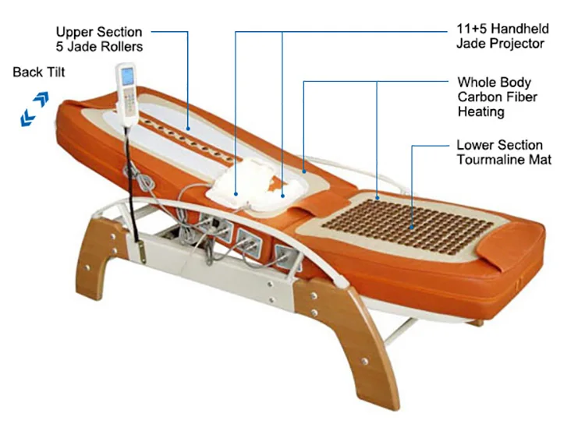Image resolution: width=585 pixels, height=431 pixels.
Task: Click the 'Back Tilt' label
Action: coord(39,72)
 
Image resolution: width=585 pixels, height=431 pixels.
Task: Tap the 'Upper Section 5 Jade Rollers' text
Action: coord(99,39)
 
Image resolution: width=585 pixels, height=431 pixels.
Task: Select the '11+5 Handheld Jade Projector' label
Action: coord(502,36)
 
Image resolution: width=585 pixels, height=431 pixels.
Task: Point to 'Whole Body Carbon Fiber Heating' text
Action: coord(498,97)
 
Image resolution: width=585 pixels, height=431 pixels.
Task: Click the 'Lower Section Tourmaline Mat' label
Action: coord(504,152)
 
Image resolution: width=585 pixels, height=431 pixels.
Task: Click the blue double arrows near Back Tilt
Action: coord(34,108)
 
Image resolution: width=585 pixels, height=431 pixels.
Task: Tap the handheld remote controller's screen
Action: coord(126,76)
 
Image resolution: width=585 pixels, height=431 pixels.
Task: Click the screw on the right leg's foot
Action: coord(364,361)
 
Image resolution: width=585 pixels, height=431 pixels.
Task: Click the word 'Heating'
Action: coord(481,111)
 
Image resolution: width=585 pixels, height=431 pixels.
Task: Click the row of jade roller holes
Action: coord(186,138)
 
